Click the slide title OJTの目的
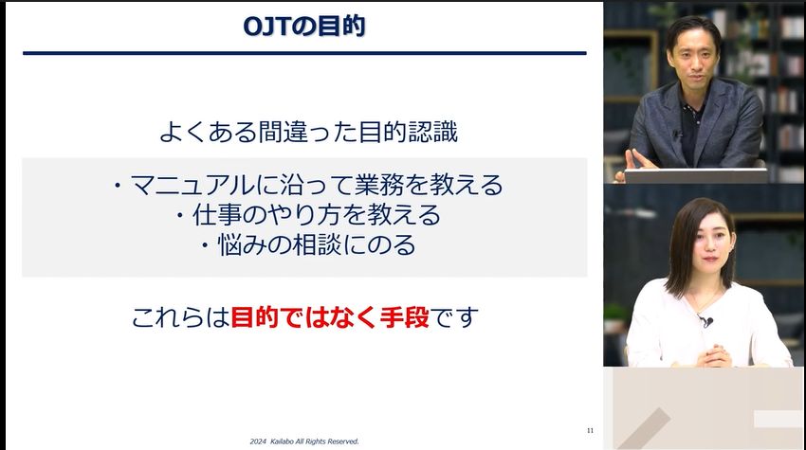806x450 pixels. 304,26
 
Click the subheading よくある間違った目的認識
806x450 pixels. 308,132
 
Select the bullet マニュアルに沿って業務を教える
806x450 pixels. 306,183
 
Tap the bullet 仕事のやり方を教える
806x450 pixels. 308,215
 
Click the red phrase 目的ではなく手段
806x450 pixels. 330,317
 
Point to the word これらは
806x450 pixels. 180,317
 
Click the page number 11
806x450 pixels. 590,431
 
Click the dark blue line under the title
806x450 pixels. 304,53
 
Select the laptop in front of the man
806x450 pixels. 696,175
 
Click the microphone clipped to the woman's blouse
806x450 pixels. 706,321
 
